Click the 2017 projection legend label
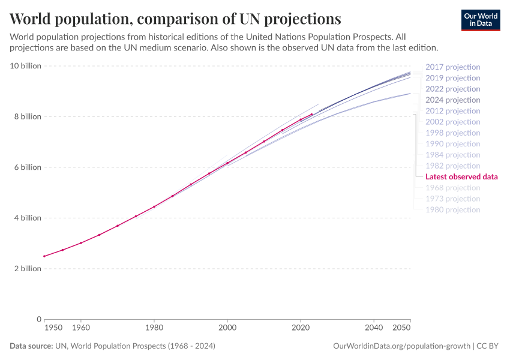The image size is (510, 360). (452, 67)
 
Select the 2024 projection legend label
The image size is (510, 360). (452, 100)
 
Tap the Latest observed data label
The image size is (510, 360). (461, 177)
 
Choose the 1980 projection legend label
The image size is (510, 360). (452, 210)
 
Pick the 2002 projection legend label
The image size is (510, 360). (452, 122)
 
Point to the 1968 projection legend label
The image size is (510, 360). (452, 188)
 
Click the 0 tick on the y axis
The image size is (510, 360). (38, 319)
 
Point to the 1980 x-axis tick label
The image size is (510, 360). (154, 328)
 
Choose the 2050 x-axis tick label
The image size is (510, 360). (402, 328)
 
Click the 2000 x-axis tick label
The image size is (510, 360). (227, 328)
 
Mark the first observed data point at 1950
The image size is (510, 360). (44, 256)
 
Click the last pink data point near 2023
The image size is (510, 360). (311, 114)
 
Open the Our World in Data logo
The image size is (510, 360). (481, 20)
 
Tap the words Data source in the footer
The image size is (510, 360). (31, 346)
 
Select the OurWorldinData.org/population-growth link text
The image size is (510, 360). (401, 346)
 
